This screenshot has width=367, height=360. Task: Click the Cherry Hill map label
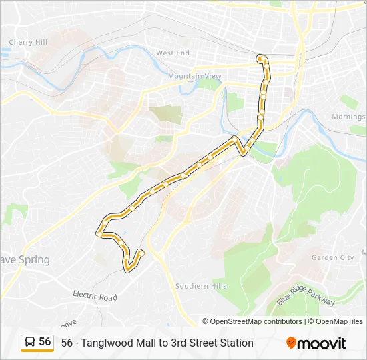click(x=28, y=42)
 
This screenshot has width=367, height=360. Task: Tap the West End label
click(x=173, y=53)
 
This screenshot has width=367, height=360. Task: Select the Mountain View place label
click(x=194, y=76)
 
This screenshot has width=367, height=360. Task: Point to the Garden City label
click(x=332, y=257)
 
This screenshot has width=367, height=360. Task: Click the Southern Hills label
click(x=201, y=286)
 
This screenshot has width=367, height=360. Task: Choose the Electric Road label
click(x=95, y=296)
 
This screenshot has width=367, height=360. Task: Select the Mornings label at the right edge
click(x=349, y=117)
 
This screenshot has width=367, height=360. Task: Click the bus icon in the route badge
click(x=31, y=342)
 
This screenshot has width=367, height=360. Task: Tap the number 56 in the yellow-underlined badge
click(x=45, y=341)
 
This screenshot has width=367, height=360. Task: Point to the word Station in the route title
click(x=236, y=343)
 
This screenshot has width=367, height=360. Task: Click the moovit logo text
click(x=322, y=343)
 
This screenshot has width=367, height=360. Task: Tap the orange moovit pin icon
click(x=291, y=343)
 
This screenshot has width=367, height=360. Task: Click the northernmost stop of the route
click(x=260, y=59)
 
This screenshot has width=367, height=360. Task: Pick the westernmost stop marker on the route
click(x=99, y=234)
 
